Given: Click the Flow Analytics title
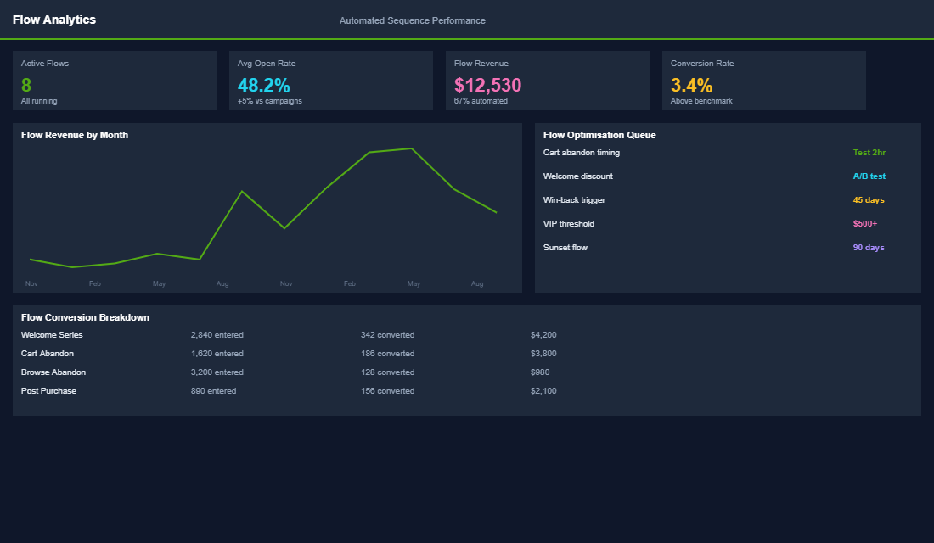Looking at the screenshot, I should coord(54,20).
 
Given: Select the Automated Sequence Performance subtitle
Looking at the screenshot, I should coord(412,20).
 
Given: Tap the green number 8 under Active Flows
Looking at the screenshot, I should coord(26,85).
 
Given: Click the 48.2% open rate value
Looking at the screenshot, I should coord(263,85).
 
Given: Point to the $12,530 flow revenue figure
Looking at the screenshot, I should coord(487,85).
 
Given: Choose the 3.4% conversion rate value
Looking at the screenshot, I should coord(691,85).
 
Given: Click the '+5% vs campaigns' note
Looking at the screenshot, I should coord(269,101).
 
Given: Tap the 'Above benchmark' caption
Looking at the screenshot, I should coord(701,101).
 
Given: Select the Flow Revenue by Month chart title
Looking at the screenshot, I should coord(75,135).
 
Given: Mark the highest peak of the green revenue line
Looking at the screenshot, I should coord(412,148).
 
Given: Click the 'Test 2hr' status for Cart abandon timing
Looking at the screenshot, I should coord(869,153).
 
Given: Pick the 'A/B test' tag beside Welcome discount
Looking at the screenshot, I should coord(869,176).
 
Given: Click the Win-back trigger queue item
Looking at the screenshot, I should coord(574,200).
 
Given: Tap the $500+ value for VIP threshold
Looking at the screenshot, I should coord(864,224).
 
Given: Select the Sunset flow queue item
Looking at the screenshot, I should coord(565,248).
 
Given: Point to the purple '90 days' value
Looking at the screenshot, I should coord(869,248).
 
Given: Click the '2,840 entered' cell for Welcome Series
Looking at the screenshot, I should coord(217,335).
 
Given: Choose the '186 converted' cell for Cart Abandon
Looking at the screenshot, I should coord(387,354).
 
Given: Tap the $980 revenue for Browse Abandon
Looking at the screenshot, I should coord(540,372).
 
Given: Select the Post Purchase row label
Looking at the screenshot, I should coord(48,391).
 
